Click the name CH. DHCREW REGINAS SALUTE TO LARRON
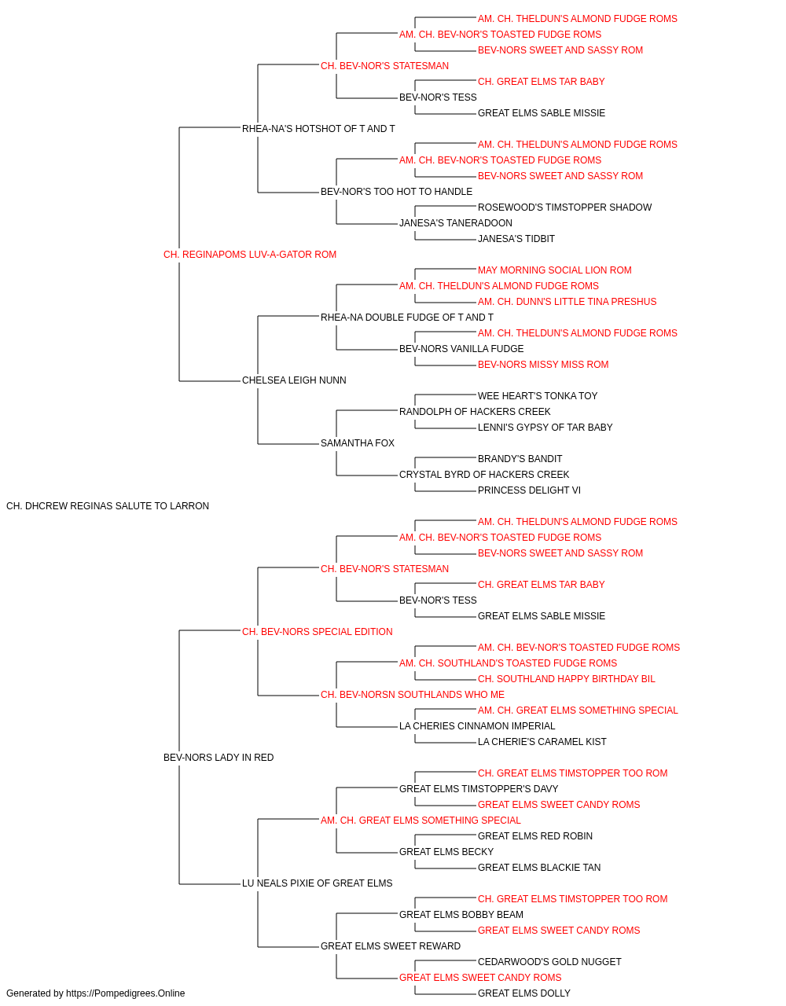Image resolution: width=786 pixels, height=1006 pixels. [x=108, y=506]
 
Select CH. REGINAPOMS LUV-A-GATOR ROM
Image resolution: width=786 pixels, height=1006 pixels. [x=250, y=255]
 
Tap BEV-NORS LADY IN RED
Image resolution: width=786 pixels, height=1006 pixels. [x=219, y=758]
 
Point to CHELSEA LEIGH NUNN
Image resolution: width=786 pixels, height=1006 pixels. [x=294, y=380]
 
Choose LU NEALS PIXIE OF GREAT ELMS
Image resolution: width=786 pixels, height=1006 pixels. [x=317, y=883]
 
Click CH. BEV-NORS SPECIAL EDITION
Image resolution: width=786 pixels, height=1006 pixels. [x=317, y=632]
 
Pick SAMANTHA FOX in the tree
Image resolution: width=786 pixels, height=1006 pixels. [x=358, y=443]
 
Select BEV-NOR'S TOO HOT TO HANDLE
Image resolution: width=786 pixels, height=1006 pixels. [x=396, y=192]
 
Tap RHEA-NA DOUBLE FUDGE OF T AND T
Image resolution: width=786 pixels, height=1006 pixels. [x=407, y=318]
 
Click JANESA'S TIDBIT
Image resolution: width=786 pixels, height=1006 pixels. [x=516, y=239]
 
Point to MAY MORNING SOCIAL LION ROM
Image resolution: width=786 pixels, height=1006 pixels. [x=555, y=270]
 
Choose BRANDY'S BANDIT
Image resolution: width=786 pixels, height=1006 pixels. [x=520, y=459]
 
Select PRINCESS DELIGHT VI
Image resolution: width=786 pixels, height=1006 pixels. [x=529, y=490]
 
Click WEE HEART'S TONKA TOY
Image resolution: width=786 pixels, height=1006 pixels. [x=538, y=396]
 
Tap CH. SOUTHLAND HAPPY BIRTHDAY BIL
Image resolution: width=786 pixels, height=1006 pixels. [x=567, y=679]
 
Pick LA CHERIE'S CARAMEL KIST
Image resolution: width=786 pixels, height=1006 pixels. [x=542, y=742]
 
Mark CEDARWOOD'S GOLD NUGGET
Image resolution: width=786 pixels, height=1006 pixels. [x=549, y=962]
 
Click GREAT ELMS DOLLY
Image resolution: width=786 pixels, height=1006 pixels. [x=524, y=993]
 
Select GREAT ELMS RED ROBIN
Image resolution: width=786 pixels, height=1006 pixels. [x=535, y=836]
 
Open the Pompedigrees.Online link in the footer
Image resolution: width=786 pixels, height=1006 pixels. [x=126, y=993]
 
